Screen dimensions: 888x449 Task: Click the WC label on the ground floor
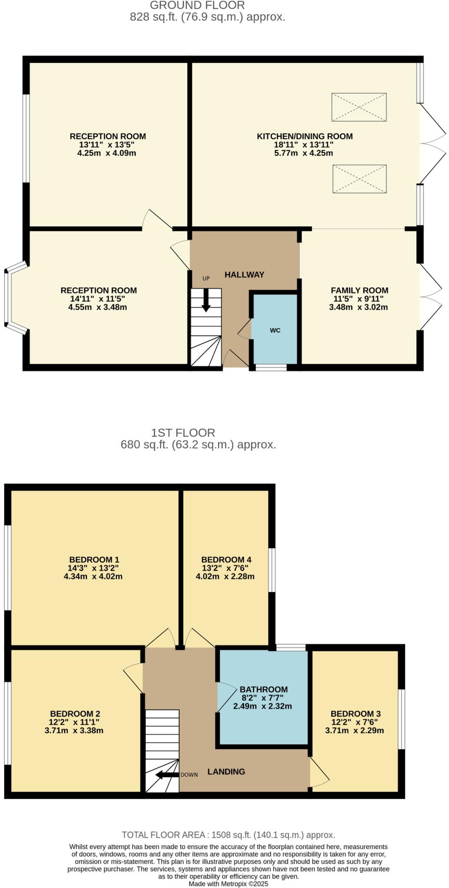click(275, 330)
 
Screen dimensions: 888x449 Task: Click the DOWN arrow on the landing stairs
click(167, 775)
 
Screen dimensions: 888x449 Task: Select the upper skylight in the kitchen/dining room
click(359, 107)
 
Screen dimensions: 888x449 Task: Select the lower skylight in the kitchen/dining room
click(360, 179)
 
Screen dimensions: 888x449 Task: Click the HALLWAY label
click(244, 274)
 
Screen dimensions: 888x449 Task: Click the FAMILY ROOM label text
click(359, 291)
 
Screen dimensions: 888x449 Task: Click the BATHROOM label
click(264, 689)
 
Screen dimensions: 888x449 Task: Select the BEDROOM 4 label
click(226, 560)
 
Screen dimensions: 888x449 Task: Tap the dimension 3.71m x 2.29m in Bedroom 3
click(354, 731)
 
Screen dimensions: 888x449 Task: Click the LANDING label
click(226, 772)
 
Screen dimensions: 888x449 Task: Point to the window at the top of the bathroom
click(291, 648)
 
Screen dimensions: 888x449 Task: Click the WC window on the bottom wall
click(271, 368)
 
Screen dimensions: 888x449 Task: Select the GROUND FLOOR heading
click(197, 6)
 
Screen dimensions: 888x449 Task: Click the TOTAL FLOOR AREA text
click(228, 835)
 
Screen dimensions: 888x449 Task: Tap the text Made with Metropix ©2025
click(228, 884)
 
